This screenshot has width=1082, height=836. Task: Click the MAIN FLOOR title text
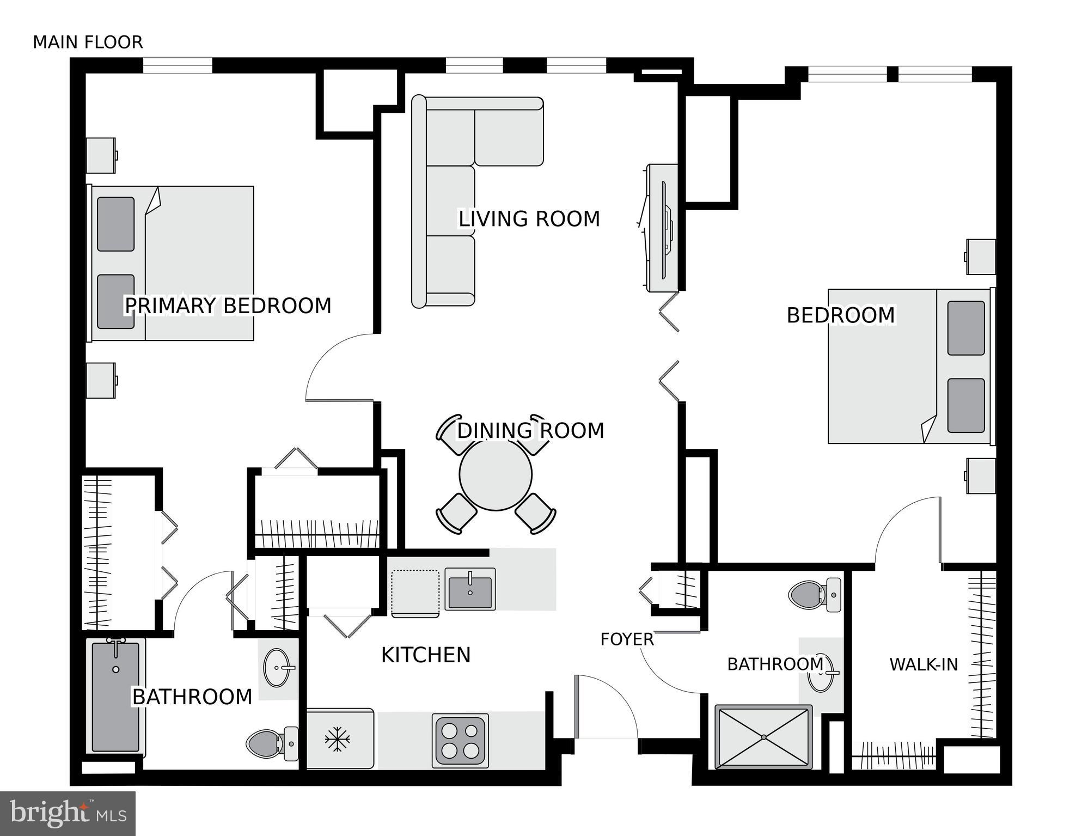click(x=88, y=42)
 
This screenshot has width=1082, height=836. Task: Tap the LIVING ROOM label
click(x=529, y=219)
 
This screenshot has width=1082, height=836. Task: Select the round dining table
click(x=495, y=475)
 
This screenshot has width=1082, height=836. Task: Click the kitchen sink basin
click(x=470, y=589)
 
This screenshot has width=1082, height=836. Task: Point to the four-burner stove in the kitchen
click(x=460, y=741)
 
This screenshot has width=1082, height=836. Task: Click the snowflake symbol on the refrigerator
click(x=337, y=740)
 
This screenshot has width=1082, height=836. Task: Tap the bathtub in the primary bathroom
click(x=115, y=697)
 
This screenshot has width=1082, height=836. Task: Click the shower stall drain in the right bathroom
click(x=763, y=737)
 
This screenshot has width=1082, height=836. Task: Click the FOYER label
click(x=627, y=639)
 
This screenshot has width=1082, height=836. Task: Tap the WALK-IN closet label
click(x=923, y=664)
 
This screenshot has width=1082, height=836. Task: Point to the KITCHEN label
click(x=425, y=655)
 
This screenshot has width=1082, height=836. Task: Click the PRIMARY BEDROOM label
click(x=228, y=306)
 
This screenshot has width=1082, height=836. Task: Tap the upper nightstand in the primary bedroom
click(x=101, y=155)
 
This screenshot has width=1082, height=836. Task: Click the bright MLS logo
click(x=68, y=813)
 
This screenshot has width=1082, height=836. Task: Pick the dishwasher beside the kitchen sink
click(x=415, y=593)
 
